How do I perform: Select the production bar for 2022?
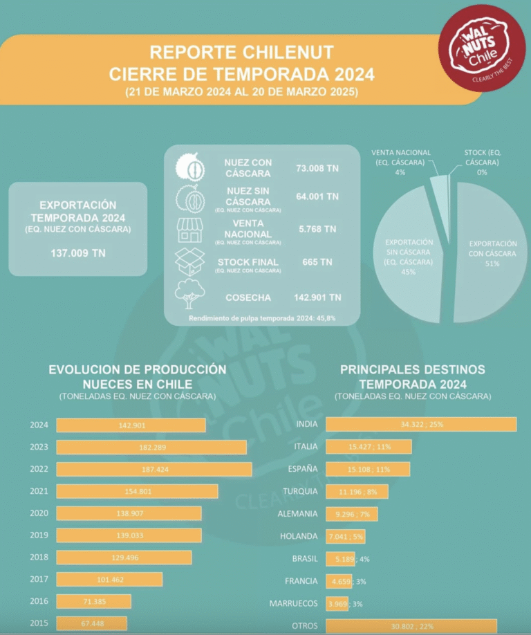click(x=153, y=470)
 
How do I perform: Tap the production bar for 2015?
click(x=91, y=623)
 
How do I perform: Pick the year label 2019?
click(x=39, y=535)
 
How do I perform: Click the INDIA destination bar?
click(x=420, y=424)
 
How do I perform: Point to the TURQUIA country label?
click(x=300, y=491)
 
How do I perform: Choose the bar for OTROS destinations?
click(x=411, y=626)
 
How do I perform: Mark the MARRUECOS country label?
click(x=294, y=604)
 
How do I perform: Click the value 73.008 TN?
click(x=318, y=168)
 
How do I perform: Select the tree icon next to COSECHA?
click(x=188, y=295)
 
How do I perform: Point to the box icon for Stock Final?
click(x=189, y=263)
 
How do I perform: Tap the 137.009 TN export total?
click(x=78, y=253)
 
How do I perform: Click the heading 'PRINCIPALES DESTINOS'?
click(x=412, y=369)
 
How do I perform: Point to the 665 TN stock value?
click(x=317, y=262)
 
